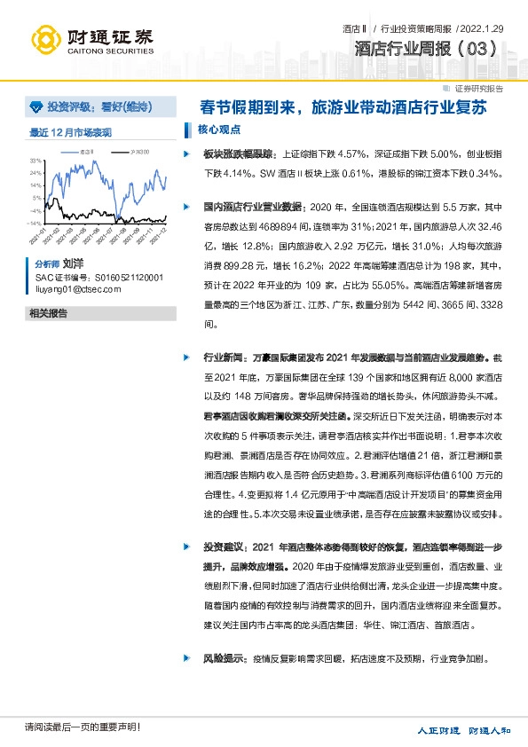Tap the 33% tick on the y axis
coord(36,161)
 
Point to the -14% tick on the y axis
coord(35,224)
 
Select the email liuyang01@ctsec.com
coord(77,288)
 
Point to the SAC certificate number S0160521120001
coord(99,277)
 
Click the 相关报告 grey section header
coord(49,313)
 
